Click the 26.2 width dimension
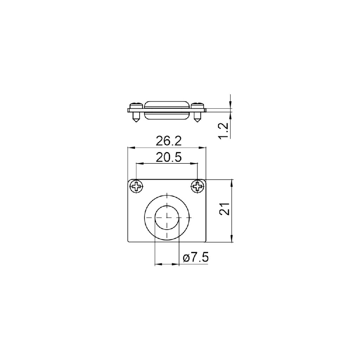pos(168,141)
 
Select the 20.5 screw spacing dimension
pos(168,157)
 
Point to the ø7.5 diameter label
pos(195,258)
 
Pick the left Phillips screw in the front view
pos(137,186)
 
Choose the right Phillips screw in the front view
pos(198,186)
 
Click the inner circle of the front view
pos(167,217)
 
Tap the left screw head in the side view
pos(136,106)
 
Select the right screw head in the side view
pos(198,106)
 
